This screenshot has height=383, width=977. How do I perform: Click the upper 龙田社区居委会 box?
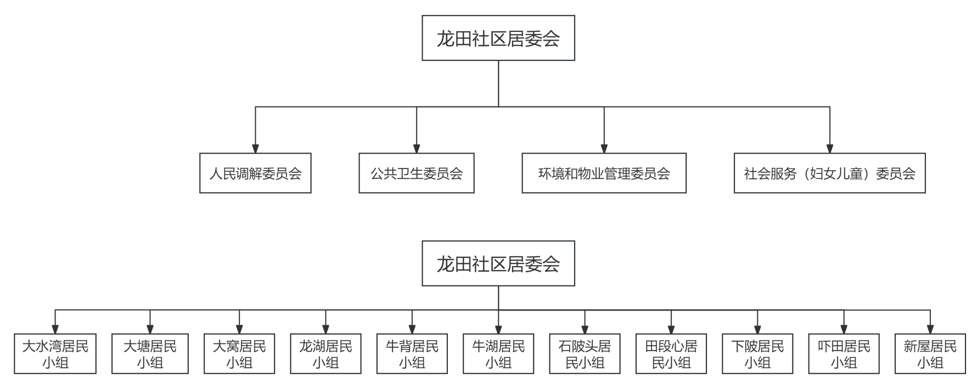498,38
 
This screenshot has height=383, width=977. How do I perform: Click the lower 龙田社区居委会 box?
498,263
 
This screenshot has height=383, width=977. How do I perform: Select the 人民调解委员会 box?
255,173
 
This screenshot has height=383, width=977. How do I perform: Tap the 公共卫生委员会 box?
416,173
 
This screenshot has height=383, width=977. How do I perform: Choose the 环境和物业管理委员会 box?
604,173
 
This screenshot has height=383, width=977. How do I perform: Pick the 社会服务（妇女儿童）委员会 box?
829,173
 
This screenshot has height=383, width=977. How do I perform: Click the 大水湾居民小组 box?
55,354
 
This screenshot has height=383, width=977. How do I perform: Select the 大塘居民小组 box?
150,354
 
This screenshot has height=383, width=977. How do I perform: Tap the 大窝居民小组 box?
239,354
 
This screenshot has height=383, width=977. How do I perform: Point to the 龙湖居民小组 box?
325,354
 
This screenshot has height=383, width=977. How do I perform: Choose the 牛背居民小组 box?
412,354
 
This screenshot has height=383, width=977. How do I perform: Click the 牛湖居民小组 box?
498,354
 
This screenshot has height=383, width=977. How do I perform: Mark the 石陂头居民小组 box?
585,354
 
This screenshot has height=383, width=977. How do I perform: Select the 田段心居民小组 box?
671,354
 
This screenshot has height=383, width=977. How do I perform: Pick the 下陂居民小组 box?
757,354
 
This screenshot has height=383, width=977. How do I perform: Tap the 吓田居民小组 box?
844,354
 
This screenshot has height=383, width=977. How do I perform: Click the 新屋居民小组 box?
930,354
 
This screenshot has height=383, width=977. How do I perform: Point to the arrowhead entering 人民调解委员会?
255,149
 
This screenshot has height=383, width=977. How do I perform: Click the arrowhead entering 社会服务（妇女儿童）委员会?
829,149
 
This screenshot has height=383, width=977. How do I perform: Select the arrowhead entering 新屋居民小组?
930,330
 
